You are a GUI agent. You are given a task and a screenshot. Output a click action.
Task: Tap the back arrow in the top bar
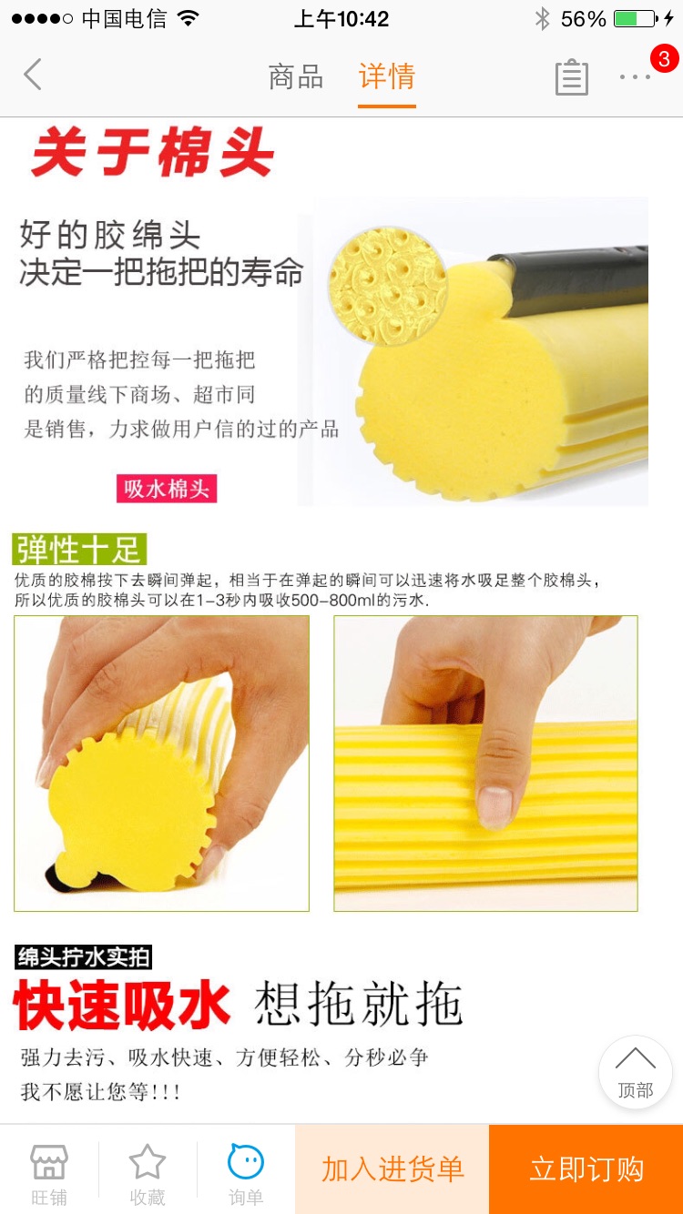pos(33,75)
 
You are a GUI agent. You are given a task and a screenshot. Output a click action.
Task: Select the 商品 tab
pos(296,76)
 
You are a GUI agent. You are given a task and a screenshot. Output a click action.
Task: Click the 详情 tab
pos(387,76)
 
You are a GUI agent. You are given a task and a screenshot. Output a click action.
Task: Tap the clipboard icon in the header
pos(571,77)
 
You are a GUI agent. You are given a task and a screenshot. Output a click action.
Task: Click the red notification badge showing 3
pos(664,59)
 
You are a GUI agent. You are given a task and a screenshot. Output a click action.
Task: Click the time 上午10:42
pos(341,19)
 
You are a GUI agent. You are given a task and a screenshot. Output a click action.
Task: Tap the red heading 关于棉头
pos(152,153)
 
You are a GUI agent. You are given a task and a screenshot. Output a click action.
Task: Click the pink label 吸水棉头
pos(167,489)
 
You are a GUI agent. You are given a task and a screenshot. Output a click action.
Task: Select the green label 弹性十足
pos(80,550)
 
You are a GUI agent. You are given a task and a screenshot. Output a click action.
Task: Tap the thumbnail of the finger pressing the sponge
pos(485,763)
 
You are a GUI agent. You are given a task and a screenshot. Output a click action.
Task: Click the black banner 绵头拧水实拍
pos(84,957)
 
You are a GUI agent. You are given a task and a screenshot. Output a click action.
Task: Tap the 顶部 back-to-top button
pos(635,1072)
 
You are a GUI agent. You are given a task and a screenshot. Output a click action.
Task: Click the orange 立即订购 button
pos(586,1169)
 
